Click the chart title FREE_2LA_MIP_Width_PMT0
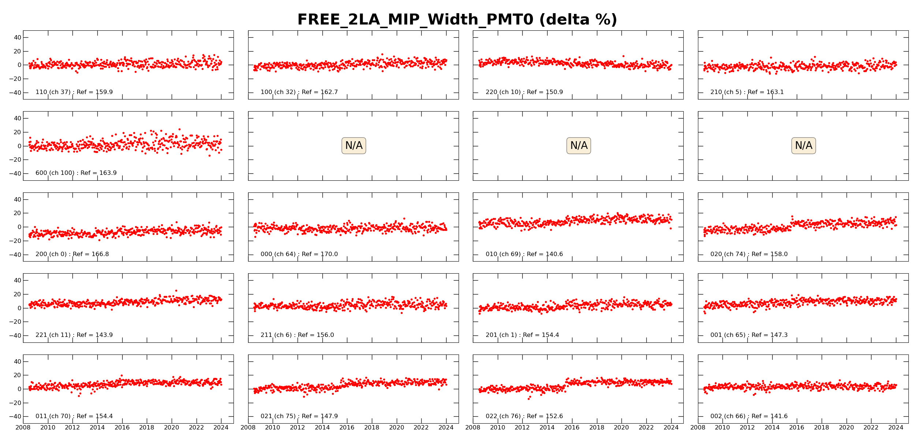pos(457,20)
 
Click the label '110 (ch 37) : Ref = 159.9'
pos(74,92)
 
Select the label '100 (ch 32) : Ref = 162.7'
pos(299,92)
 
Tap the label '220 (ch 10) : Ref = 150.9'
pos(524,92)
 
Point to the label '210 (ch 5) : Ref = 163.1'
pos(747,92)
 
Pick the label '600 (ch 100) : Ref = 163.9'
pos(76,173)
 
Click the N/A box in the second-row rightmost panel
pos(803,146)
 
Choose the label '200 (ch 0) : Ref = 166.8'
pos(72,254)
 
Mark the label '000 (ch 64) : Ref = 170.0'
pos(299,254)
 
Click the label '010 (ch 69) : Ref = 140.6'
pos(524,254)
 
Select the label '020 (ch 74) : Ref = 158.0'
pos(749,254)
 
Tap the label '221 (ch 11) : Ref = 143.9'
pos(74,335)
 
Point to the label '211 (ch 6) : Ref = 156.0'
pos(297,335)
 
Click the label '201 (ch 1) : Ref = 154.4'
pos(522,335)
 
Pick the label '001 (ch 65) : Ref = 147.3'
pos(749,335)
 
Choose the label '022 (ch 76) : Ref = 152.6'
pos(524,416)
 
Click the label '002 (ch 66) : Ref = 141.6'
pos(749,416)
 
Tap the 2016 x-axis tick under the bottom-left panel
pos(122,428)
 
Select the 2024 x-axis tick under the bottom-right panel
pos(896,428)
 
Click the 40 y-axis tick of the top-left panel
pos(17,37)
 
